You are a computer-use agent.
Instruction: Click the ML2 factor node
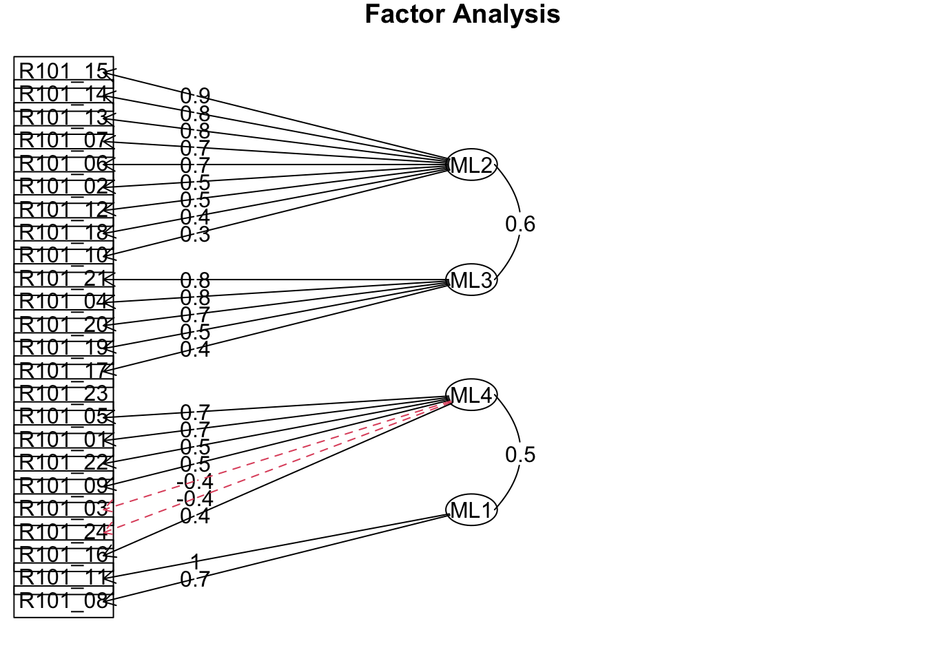(x=471, y=165)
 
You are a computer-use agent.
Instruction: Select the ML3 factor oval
(x=471, y=280)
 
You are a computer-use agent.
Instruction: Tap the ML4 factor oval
(x=471, y=395)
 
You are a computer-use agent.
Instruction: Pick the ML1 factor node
(x=471, y=510)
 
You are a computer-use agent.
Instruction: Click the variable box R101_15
(x=63, y=72)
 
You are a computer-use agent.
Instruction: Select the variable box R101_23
(x=63, y=394)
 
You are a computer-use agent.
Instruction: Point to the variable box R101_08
(x=63, y=601)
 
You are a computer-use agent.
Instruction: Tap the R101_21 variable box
(x=63, y=279)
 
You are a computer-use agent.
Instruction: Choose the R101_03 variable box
(x=63, y=509)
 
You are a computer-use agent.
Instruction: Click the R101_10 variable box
(x=63, y=255)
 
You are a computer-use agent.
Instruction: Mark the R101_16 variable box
(x=63, y=555)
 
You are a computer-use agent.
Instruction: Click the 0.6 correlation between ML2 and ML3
(x=520, y=224)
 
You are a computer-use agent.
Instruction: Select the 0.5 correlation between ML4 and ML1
(x=520, y=454)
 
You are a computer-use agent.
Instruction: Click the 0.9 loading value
(x=195, y=96)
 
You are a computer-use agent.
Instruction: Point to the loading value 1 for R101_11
(x=195, y=563)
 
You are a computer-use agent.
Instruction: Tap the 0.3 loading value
(x=195, y=235)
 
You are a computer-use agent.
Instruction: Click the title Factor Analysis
(x=462, y=14)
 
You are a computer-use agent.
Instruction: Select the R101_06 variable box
(x=63, y=164)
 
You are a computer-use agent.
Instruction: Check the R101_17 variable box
(x=63, y=371)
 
